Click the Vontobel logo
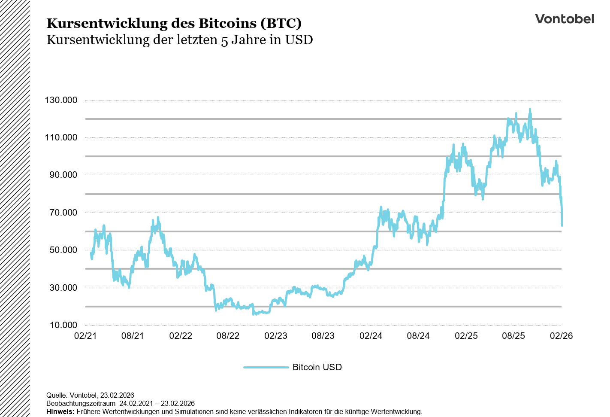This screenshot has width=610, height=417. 564,19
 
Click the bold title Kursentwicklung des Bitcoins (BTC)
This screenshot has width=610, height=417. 174,23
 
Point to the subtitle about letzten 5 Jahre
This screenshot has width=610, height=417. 179,40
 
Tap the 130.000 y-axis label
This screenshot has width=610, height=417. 61,100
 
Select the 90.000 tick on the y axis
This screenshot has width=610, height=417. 63,175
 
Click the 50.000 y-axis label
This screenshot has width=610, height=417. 63,250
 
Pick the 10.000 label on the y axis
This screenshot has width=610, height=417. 63,325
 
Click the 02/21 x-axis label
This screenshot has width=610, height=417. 85,336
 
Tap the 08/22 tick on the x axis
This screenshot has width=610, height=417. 228,336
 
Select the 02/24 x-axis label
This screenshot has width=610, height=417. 371,336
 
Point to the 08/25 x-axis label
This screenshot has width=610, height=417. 513,336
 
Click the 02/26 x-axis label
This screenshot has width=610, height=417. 561,336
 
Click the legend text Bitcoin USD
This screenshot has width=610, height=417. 317,367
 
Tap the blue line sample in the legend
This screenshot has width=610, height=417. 266,367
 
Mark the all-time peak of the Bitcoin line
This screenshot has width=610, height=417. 530,110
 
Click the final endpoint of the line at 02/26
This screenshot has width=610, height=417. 562,225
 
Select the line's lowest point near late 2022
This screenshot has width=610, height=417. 254,314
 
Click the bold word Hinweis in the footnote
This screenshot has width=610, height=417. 60,411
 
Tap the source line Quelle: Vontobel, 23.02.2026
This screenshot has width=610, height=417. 90,395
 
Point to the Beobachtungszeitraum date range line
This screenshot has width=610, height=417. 121,403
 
